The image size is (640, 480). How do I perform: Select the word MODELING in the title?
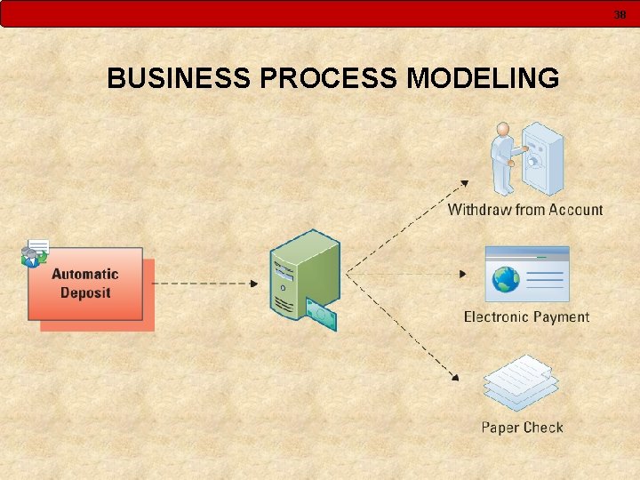click(483, 78)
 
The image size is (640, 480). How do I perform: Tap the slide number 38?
click(620, 14)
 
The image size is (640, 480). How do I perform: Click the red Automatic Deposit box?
click(85, 284)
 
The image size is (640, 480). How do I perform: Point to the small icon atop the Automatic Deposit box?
click(35, 254)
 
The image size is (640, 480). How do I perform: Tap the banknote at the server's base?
click(321, 314)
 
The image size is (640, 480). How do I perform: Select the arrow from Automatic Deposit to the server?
click(204, 284)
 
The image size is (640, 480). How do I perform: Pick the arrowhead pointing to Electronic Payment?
click(462, 274)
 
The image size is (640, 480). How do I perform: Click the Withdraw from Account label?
click(524, 210)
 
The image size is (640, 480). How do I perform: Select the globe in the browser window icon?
click(507, 280)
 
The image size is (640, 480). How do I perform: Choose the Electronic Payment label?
click(526, 316)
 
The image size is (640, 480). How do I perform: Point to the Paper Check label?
click(522, 428)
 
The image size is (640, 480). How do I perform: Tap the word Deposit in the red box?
click(85, 292)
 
